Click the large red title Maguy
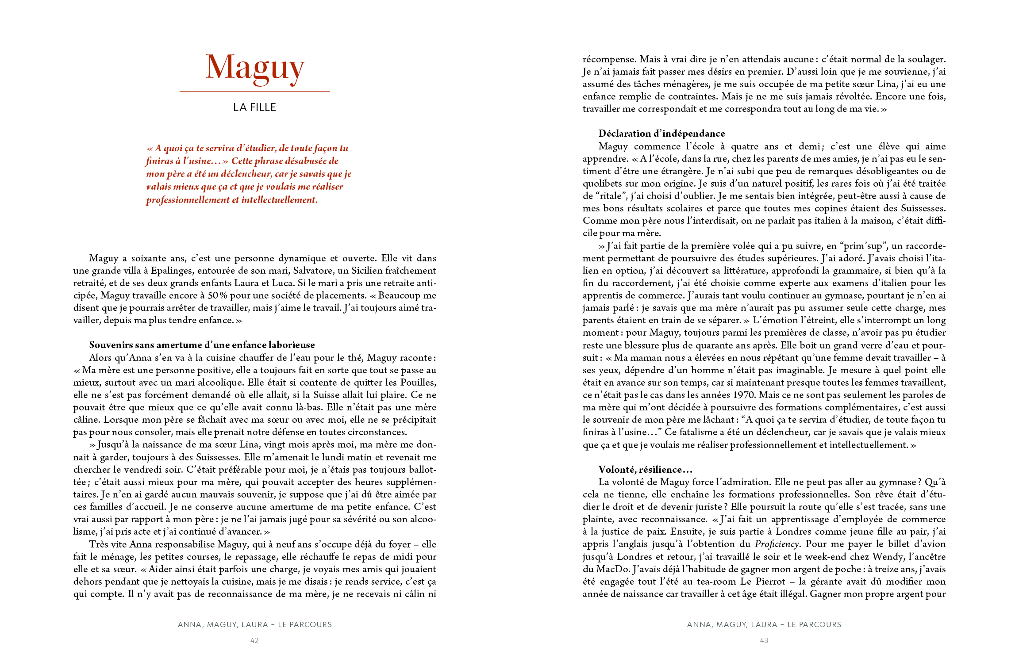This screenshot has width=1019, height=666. tap(255, 68)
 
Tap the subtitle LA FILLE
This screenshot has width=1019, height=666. tap(254, 107)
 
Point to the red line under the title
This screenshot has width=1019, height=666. tap(254, 92)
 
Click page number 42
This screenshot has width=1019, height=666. tap(254, 640)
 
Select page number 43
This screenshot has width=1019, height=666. tap(764, 640)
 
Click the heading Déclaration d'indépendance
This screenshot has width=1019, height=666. tap(661, 134)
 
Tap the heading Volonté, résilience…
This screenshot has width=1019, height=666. tap(645, 470)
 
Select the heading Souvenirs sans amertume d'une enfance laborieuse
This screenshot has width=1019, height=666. tap(202, 345)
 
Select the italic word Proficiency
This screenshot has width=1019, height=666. tap(777, 544)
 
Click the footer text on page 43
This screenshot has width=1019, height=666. tap(764, 624)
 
